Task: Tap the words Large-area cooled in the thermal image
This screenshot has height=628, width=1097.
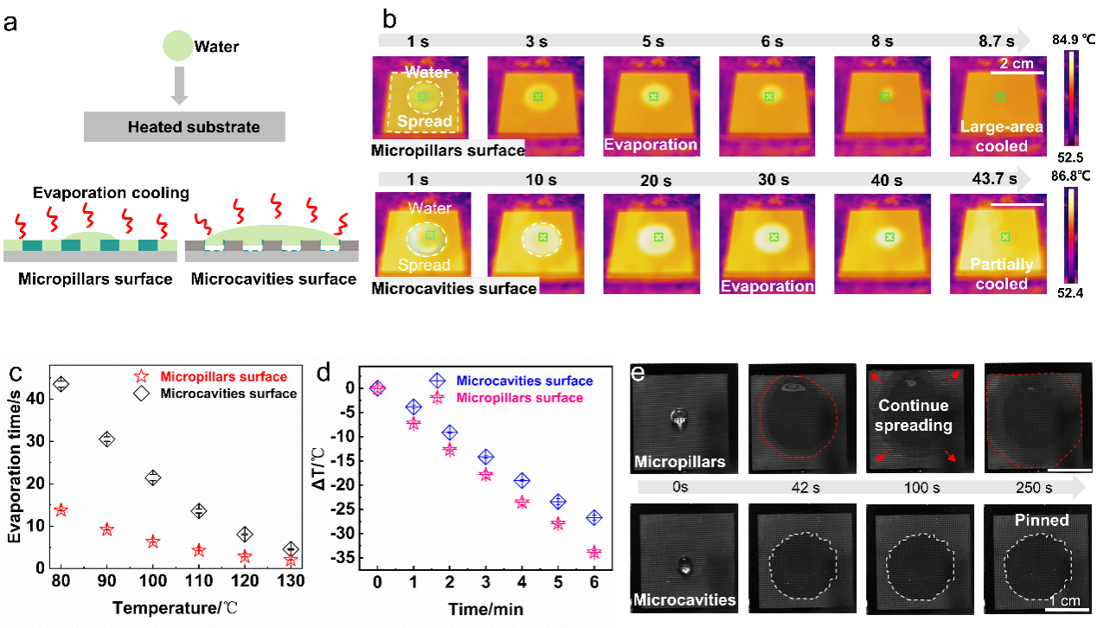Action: pyautogui.click(x=1002, y=137)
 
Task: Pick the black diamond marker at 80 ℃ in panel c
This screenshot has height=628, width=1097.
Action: pyautogui.click(x=61, y=383)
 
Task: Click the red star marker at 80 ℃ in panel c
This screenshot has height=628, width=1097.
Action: pyautogui.click(x=61, y=510)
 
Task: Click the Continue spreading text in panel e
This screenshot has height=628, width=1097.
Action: pyautogui.click(x=913, y=415)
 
